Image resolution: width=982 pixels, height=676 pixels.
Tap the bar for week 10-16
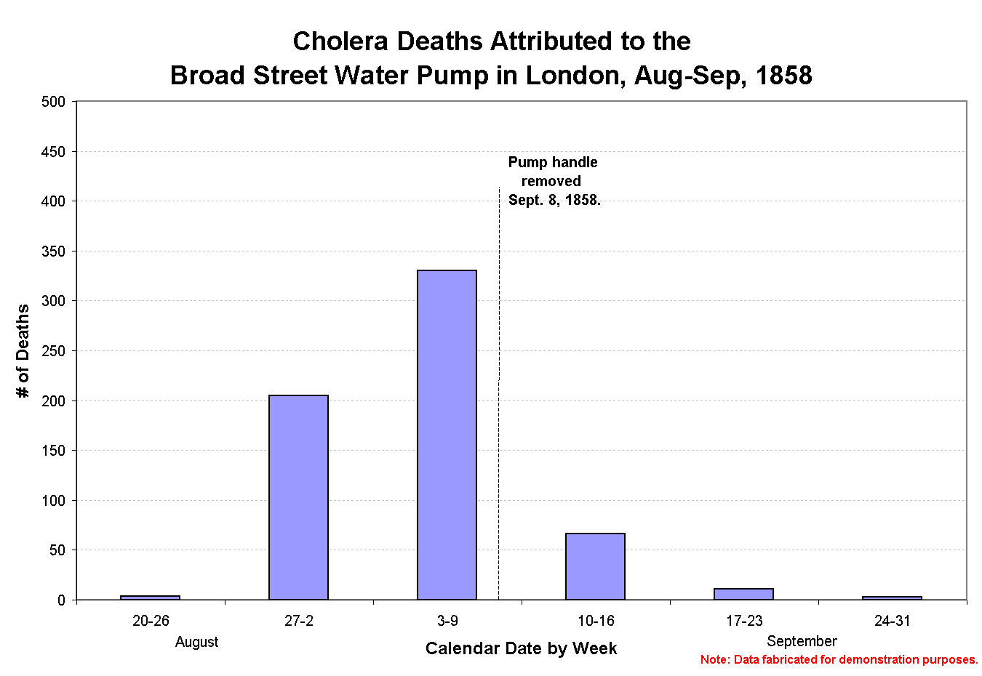[x=595, y=566]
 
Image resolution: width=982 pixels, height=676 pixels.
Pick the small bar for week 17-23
[x=743, y=594]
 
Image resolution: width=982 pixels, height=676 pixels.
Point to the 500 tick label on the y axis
[x=53, y=102]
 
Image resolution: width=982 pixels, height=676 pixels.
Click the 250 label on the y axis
[x=53, y=351]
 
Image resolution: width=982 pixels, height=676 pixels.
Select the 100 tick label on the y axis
[x=53, y=501]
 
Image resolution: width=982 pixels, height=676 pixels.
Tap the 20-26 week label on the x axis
[x=151, y=621]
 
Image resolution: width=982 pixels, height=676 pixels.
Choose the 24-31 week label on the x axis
[x=892, y=621]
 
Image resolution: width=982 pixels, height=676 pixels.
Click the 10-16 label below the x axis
[x=596, y=621]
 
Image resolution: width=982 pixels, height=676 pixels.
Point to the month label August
[x=196, y=642]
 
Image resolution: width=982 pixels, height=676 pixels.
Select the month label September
[x=802, y=641]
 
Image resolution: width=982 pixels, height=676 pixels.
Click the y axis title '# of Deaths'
[x=23, y=351]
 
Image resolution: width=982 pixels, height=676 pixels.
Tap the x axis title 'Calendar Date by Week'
[x=521, y=648]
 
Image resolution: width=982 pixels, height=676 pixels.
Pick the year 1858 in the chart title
[x=783, y=76]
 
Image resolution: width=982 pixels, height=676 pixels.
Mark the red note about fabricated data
[x=839, y=660]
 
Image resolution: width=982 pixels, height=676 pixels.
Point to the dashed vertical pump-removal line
[x=498, y=472]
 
